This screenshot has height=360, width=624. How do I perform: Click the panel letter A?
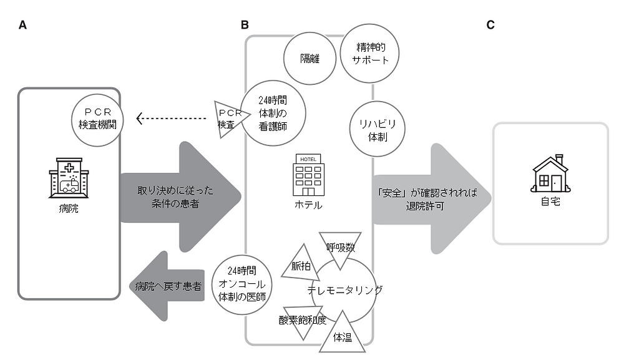22,25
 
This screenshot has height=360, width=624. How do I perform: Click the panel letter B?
245,25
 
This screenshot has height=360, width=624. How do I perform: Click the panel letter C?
490,25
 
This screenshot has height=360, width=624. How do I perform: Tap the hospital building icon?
69,178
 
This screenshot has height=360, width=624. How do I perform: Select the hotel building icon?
308,175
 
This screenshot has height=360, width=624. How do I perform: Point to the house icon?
550,173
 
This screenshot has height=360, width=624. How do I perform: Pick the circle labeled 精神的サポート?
369,53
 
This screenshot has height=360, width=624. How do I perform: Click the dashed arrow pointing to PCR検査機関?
171,118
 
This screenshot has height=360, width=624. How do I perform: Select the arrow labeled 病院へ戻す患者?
167,286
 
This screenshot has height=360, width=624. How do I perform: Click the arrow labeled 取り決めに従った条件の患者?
180,197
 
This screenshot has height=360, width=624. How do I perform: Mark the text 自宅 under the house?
550,202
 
